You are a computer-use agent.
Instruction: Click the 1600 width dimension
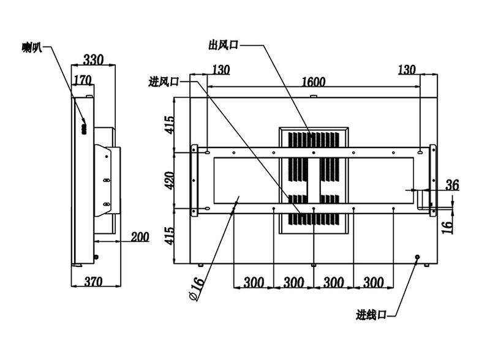pos(314,81)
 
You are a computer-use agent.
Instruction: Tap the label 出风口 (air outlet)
pos(223,45)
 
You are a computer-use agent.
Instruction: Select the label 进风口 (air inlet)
pos(164,81)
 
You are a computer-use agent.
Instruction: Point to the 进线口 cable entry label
pos(371,314)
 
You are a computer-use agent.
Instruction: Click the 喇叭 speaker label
pos(32,47)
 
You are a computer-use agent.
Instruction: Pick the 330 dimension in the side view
pos(93,59)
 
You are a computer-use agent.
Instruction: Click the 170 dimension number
pos(83,80)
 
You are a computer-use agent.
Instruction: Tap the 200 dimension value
pos(140,236)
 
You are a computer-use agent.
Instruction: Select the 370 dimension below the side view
pos(93,282)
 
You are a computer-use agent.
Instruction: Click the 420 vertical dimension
pos(170,181)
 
